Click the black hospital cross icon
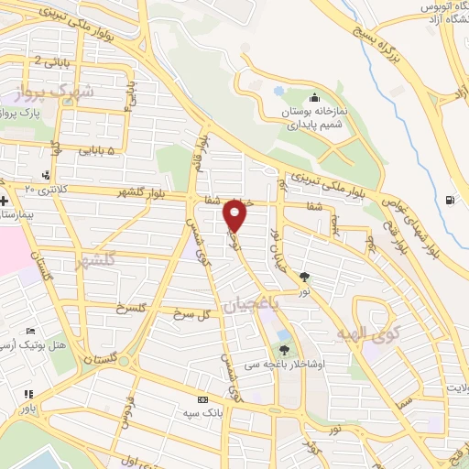pos(5,201)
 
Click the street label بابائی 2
pos(51,60)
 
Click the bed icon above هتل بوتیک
pos(32,331)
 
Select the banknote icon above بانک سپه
pos(202,400)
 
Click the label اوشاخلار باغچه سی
pos(284,364)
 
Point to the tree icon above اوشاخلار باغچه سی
pos(284,349)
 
